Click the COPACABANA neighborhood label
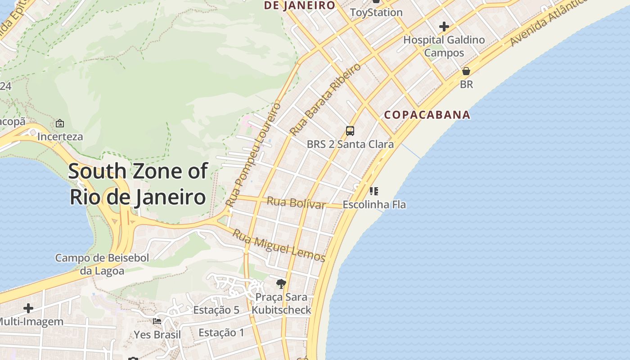tap(427, 115)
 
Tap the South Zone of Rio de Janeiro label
tap(138, 184)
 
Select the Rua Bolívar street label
tap(296, 203)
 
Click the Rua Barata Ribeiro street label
tap(326, 99)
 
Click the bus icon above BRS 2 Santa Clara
tap(350, 131)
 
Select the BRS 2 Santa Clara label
tap(350, 144)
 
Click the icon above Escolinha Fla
tap(374, 191)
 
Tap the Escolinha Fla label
tap(374, 205)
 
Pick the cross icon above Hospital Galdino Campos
tap(444, 27)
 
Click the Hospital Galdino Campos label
tap(444, 46)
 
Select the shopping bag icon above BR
tap(466, 71)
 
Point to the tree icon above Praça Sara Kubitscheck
tap(281, 283)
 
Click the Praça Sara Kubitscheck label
tap(281, 304)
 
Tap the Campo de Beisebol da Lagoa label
tap(102, 264)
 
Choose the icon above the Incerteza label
tap(60, 123)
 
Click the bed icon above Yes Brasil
tap(157, 321)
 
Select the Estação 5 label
tap(216, 310)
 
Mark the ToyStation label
tap(376, 13)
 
